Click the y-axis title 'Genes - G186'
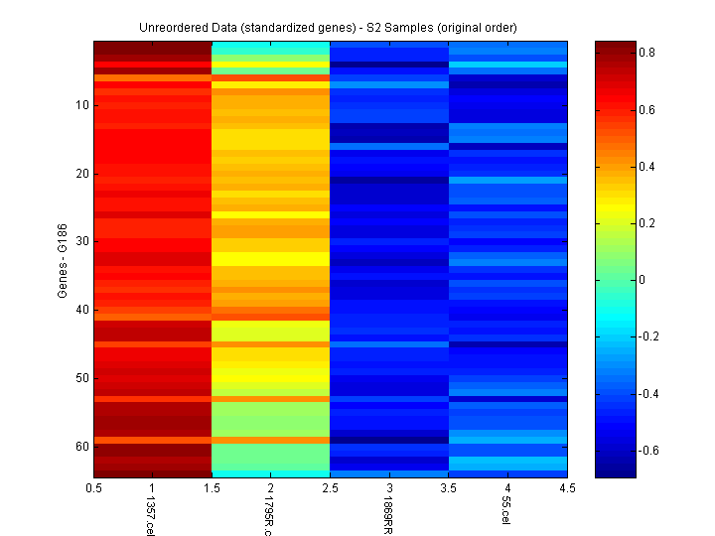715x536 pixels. [63, 259]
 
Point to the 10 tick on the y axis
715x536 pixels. [82, 105]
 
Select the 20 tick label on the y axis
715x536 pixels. [82, 174]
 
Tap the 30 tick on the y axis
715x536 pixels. [82, 241]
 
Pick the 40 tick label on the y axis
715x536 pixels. [82, 310]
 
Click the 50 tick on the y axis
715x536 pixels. [82, 378]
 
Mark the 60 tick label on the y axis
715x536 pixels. [82, 447]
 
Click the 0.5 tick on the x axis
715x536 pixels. [94, 487]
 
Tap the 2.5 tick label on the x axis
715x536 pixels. [330, 487]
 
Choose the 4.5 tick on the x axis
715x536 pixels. [567, 487]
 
